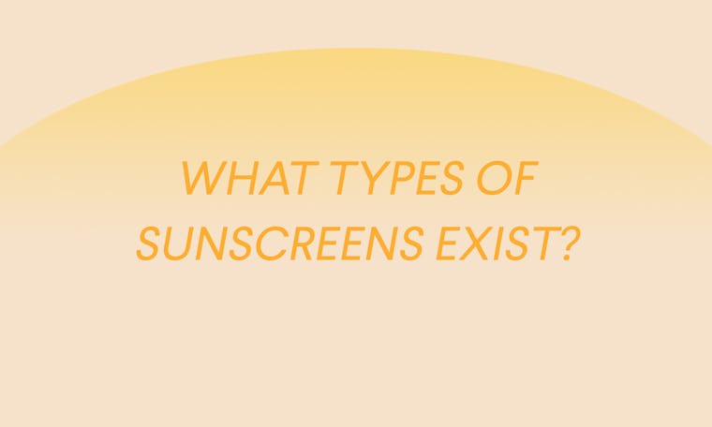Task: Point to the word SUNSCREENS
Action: click(278, 242)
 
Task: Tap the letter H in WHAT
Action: click(238, 179)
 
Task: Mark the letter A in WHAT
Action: click(266, 179)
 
